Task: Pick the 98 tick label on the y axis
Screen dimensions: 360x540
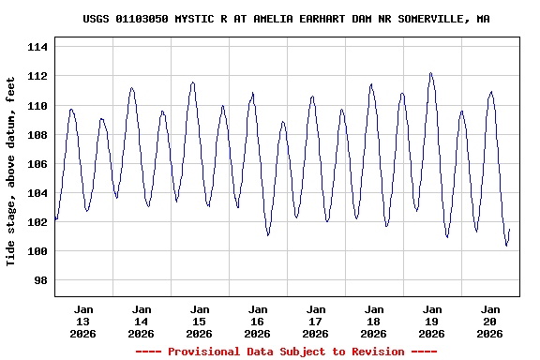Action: pos(42,280)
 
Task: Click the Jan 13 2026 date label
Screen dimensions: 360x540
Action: pos(83,321)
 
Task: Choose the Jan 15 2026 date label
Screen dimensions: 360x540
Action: pos(200,321)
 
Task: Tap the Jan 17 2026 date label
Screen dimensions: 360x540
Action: pos(316,321)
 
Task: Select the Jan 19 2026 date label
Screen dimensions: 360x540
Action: pos(432,321)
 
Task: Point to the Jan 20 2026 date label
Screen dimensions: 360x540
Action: pos(490,321)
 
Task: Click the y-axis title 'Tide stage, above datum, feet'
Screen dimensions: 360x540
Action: pos(11,172)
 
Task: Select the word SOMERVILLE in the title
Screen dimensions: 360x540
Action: pos(430,19)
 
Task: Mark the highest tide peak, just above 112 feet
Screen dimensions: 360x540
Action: pos(430,72)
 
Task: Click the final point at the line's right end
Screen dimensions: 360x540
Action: pos(509,230)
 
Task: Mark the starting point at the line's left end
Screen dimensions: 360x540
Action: pos(55,218)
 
